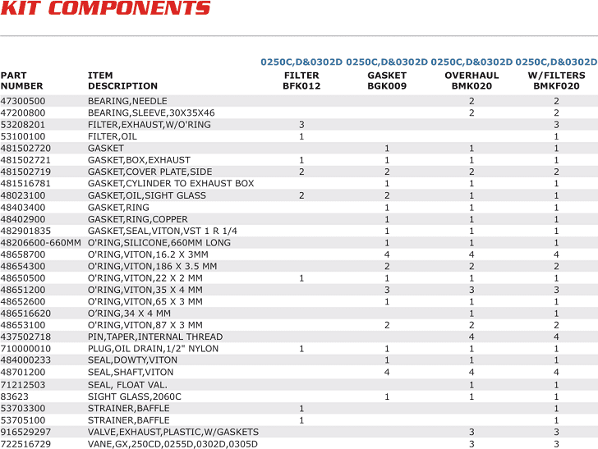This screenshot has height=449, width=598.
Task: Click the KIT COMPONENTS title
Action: tap(106, 9)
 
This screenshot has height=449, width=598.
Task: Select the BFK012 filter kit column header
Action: tap(301, 80)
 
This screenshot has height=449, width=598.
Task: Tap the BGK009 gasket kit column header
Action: tap(387, 80)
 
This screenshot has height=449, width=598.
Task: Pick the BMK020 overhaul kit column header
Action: tap(471, 80)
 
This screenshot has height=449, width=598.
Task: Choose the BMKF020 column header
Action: tap(556, 80)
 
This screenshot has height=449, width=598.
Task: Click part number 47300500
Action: tap(23, 101)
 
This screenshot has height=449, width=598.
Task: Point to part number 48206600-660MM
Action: tap(41, 243)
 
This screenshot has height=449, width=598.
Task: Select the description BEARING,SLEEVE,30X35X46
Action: tap(151, 112)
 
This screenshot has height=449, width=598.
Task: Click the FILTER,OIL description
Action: tap(113, 136)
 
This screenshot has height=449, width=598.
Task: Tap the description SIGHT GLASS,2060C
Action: tap(135, 396)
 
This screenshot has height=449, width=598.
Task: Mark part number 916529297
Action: tap(25, 432)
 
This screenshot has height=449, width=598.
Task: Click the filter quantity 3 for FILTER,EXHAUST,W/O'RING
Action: tap(301, 125)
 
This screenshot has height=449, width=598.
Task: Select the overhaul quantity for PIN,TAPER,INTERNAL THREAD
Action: tap(471, 337)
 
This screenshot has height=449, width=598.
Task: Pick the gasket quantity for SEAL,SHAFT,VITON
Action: tap(387, 373)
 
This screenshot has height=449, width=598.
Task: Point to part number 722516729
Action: tap(25, 444)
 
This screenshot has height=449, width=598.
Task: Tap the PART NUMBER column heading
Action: tap(21, 80)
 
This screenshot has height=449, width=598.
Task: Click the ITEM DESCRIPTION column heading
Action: tap(122, 80)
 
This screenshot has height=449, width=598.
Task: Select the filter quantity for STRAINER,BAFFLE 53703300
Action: tap(301, 408)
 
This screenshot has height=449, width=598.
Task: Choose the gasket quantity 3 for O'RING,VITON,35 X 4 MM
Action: tap(387, 290)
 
